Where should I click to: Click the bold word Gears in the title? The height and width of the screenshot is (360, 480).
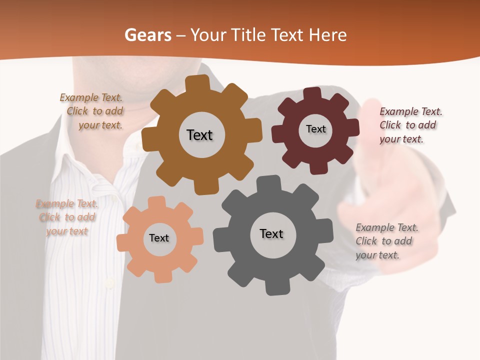(x=147, y=35)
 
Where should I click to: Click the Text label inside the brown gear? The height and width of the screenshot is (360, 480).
(x=199, y=135)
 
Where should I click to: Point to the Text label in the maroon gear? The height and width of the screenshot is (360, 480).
(x=315, y=129)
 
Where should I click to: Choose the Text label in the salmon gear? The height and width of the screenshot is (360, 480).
(x=159, y=238)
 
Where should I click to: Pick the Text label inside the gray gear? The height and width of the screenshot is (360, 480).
(x=271, y=233)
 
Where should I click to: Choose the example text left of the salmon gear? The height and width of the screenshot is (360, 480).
(x=67, y=217)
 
